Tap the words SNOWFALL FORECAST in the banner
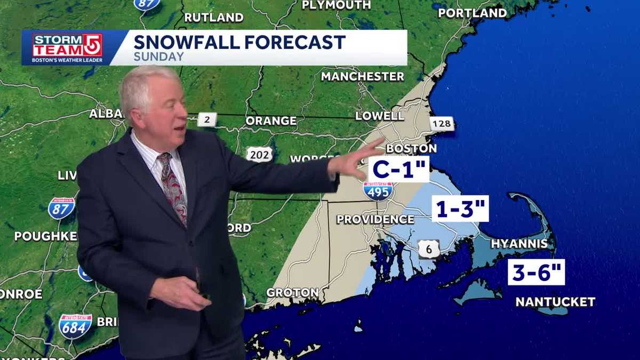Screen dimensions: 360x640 point(239,42)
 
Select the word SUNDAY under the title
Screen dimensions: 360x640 point(158,57)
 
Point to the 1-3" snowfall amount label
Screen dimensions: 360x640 point(460,209)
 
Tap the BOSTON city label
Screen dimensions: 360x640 point(411,148)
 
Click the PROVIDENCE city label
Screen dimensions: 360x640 point(375,219)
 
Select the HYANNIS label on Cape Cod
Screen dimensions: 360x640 point(519,244)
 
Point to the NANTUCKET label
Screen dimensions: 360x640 point(555,302)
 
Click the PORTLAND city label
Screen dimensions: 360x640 point(472,13)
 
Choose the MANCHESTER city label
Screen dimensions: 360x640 point(362,77)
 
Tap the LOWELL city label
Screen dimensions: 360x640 point(380,116)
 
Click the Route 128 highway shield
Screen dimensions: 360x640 point(442,124)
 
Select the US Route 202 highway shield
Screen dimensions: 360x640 point(259,154)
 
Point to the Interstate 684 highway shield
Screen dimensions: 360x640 point(75,326)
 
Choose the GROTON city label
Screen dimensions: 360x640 point(292,293)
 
